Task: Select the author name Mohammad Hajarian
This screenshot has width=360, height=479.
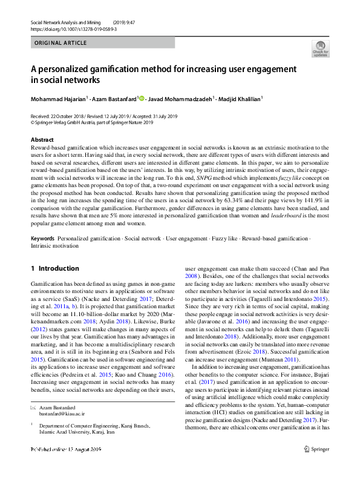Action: pos(59,99)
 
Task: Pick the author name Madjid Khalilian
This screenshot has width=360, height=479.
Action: pos(239,99)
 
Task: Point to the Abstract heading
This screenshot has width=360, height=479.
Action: pos(42,140)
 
